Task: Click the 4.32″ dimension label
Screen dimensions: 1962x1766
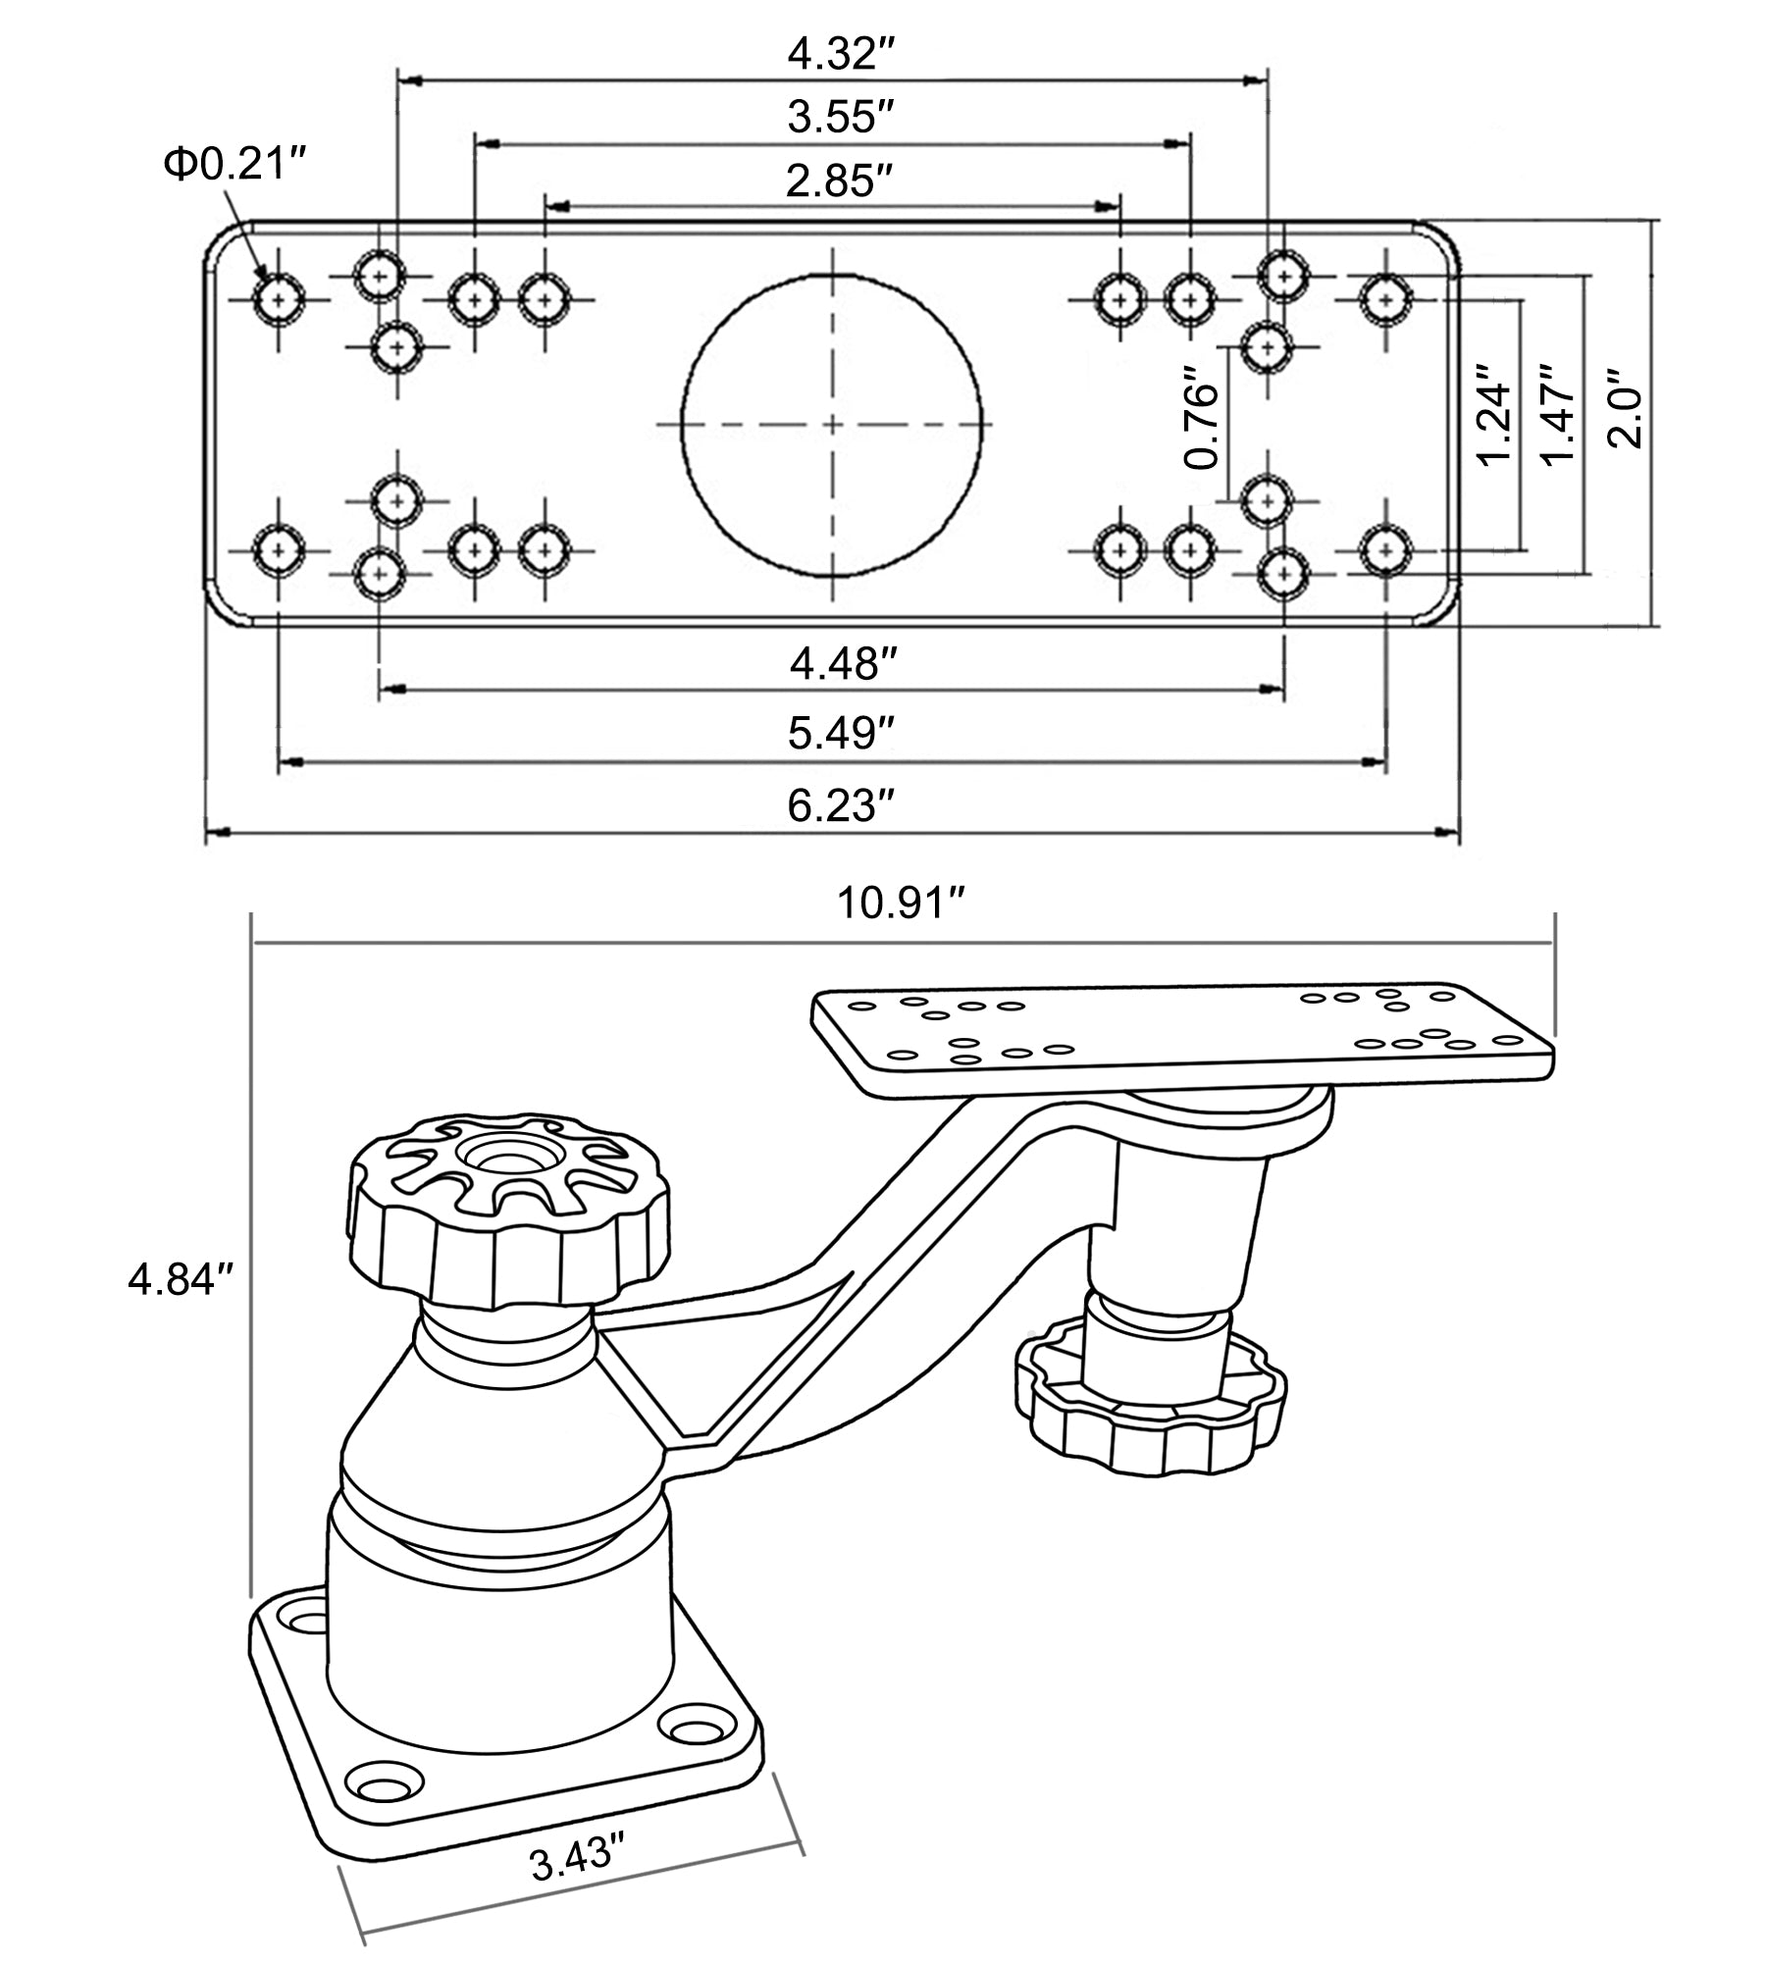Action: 831,54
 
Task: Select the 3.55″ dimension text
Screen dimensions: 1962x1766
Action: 831,118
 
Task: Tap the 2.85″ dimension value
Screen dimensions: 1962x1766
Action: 831,181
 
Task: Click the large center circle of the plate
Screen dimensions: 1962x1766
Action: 832,424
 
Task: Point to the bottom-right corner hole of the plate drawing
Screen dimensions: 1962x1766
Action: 1385,549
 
